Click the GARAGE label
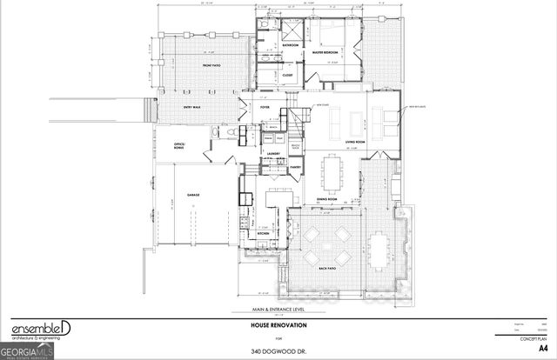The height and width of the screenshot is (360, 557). pyautogui.click(x=193, y=195)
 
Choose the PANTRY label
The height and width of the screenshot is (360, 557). pyautogui.click(x=296, y=165)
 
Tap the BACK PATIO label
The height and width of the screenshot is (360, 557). pyautogui.click(x=327, y=269)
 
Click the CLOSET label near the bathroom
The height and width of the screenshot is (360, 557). pyautogui.click(x=287, y=75)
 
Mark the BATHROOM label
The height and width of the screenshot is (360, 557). pyautogui.click(x=290, y=44)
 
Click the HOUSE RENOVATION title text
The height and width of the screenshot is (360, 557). pyautogui.click(x=278, y=325)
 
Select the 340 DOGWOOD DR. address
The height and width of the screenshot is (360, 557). pyautogui.click(x=279, y=351)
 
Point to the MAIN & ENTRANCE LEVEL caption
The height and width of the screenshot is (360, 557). pyautogui.click(x=278, y=310)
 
